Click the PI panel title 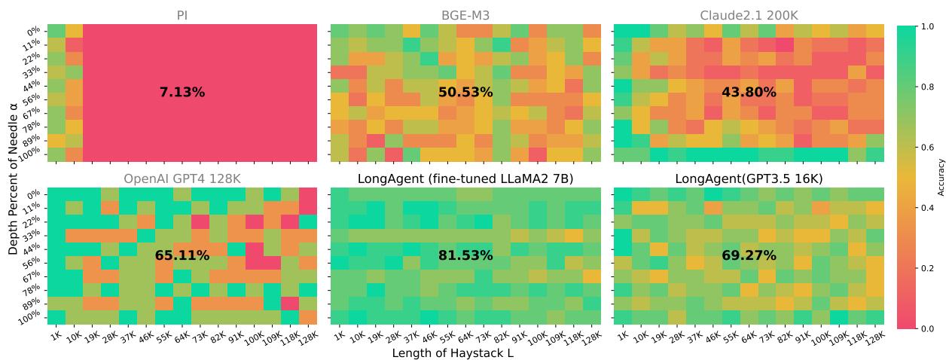point(182,14)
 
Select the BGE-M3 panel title point(465,14)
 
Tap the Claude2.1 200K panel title point(749,14)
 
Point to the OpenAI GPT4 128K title point(182,178)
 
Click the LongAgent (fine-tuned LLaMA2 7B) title point(465,178)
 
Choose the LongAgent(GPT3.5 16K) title point(749,178)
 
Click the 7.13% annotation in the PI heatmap point(182,93)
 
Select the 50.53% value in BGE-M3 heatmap point(465,93)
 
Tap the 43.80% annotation point(749,93)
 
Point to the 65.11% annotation point(182,256)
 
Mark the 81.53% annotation point(465,256)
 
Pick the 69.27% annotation point(749,256)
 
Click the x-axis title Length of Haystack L point(453,352)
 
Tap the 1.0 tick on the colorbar point(928,26)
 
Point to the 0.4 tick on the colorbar point(928,208)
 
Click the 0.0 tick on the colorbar point(928,329)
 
